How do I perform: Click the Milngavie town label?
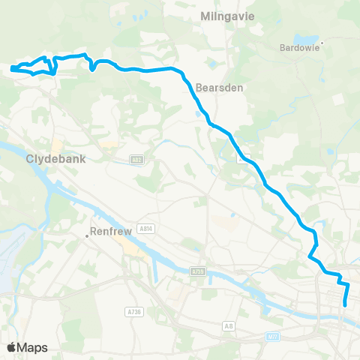223,15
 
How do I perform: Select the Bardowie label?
298,49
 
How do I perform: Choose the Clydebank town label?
57,159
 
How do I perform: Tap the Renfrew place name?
111,232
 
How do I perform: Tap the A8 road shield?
228,325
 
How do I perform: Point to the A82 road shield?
136,160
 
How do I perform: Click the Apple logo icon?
11,347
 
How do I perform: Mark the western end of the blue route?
12,70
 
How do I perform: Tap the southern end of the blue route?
345,304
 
